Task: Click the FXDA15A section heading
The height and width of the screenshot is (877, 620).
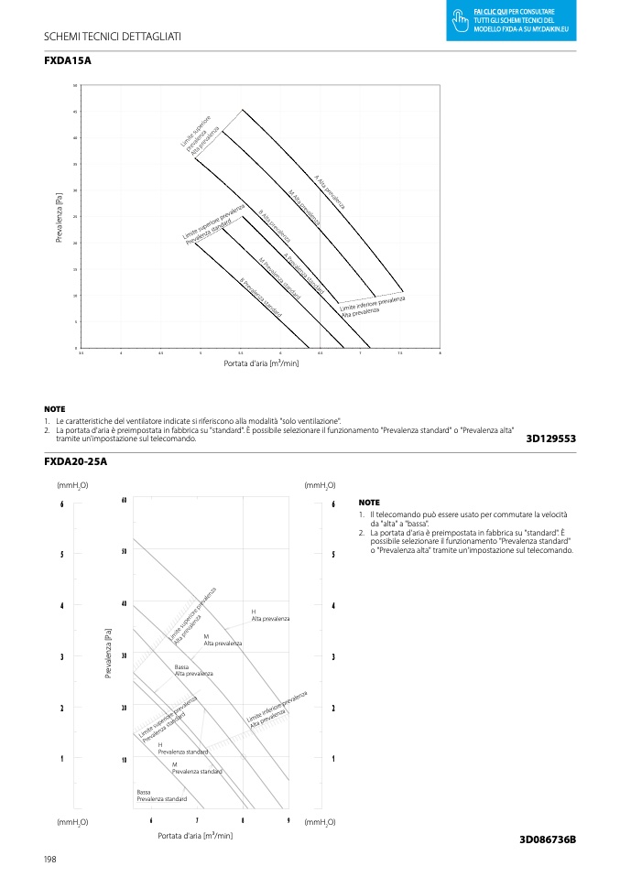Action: pyautogui.click(x=68, y=60)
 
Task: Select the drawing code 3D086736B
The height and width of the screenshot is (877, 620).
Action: pyautogui.click(x=547, y=839)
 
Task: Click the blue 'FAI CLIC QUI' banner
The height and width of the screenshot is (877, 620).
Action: pyautogui.click(x=513, y=20)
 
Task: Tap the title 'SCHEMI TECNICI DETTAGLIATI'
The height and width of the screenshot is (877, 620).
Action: pyautogui.click(x=113, y=36)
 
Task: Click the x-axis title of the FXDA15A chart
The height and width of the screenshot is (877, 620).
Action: pyautogui.click(x=261, y=363)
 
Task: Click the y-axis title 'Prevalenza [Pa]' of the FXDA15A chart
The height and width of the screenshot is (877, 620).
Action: pyautogui.click(x=60, y=217)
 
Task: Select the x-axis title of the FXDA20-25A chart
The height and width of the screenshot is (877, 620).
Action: pyautogui.click(x=195, y=835)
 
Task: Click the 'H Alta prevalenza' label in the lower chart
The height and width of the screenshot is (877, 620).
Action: pyautogui.click(x=270, y=615)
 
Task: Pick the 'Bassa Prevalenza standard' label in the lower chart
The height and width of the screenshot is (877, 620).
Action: pyautogui.click(x=161, y=796)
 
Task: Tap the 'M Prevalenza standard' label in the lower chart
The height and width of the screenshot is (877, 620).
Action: pyautogui.click(x=197, y=767)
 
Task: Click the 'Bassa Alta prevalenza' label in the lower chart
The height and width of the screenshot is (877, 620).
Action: pyautogui.click(x=193, y=670)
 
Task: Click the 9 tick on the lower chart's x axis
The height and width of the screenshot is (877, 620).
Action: pyautogui.click(x=288, y=820)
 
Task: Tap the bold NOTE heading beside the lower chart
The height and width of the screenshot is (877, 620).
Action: pyautogui.click(x=369, y=503)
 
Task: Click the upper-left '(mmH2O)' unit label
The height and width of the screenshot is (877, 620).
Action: pyautogui.click(x=72, y=484)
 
